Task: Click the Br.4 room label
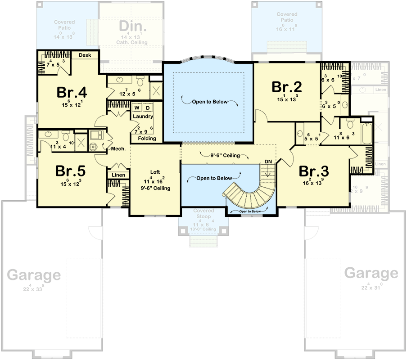click(72, 92)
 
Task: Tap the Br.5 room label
click(71, 171)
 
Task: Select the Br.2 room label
click(286, 86)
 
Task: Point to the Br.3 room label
click(313, 171)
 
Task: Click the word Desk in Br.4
click(85, 55)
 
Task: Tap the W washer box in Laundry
click(136, 108)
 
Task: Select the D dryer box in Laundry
click(147, 108)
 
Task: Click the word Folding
click(147, 139)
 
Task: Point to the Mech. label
click(118, 148)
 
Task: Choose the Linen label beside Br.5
click(119, 175)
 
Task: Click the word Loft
click(154, 172)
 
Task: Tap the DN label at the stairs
click(268, 162)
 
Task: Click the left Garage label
click(34, 274)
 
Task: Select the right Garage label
click(371, 273)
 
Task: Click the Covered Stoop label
click(203, 214)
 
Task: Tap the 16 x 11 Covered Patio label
click(287, 18)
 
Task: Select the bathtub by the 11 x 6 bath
click(368, 133)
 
